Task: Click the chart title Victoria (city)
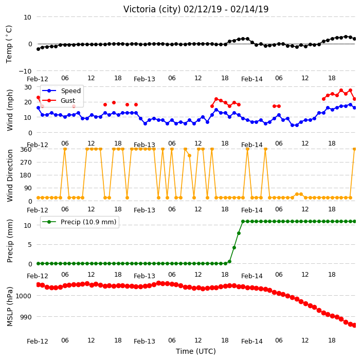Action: click(x=152, y=9)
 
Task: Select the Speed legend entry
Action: click(x=62, y=91)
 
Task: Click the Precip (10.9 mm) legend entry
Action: click(x=79, y=222)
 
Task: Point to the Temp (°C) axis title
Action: click(x=9, y=44)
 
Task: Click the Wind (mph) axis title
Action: click(x=10, y=110)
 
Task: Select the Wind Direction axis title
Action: click(x=10, y=176)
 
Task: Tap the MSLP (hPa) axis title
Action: click(x=10, y=307)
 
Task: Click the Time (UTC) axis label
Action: click(x=196, y=351)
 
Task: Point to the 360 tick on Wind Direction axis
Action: click(x=26, y=150)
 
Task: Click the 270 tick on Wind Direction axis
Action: click(x=26, y=163)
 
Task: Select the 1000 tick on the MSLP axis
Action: click(x=23, y=296)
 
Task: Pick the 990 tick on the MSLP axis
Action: click(x=26, y=317)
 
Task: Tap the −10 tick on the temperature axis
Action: click(x=25, y=71)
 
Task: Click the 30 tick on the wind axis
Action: click(x=28, y=87)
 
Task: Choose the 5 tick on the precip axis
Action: click(x=30, y=244)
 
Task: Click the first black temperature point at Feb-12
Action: click(x=39, y=49)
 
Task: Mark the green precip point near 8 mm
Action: click(x=239, y=233)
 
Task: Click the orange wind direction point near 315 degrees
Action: click(x=190, y=156)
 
